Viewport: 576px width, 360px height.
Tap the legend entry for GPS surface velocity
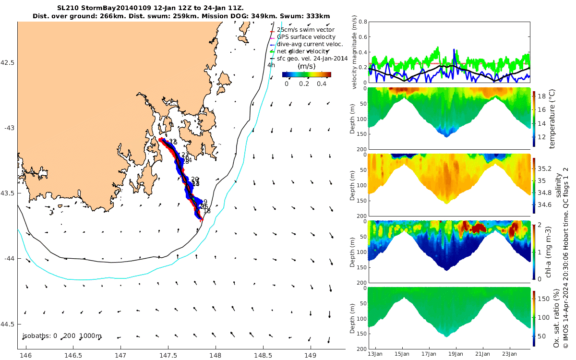[306, 37]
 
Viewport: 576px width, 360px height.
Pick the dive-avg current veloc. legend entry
[310, 44]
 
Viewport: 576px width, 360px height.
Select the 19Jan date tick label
[456, 354]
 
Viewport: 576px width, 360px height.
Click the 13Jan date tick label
[375, 354]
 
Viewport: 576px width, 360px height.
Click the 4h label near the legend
[271, 65]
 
